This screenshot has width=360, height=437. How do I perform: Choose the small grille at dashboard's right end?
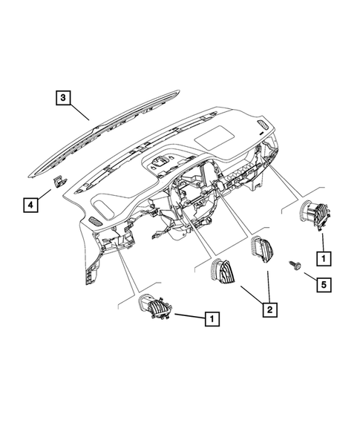tap(264, 125)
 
